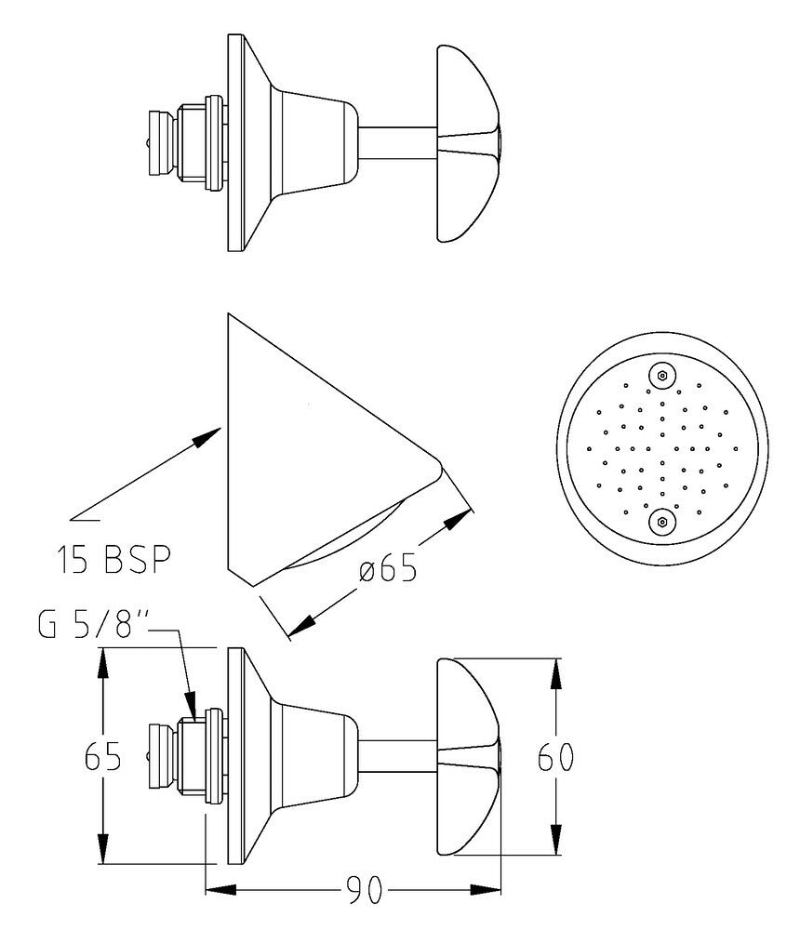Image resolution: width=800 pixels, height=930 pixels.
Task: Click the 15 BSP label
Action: (x=113, y=559)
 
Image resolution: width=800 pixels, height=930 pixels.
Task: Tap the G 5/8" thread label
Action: (x=93, y=626)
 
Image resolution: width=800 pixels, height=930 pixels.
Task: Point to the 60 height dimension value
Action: (x=555, y=757)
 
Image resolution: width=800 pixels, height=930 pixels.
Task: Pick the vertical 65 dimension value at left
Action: (x=102, y=756)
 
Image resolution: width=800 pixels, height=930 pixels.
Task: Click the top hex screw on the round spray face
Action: (x=661, y=375)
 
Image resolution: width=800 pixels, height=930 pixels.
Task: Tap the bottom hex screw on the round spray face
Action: (x=661, y=522)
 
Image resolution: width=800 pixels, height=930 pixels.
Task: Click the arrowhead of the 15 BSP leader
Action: (x=207, y=437)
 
